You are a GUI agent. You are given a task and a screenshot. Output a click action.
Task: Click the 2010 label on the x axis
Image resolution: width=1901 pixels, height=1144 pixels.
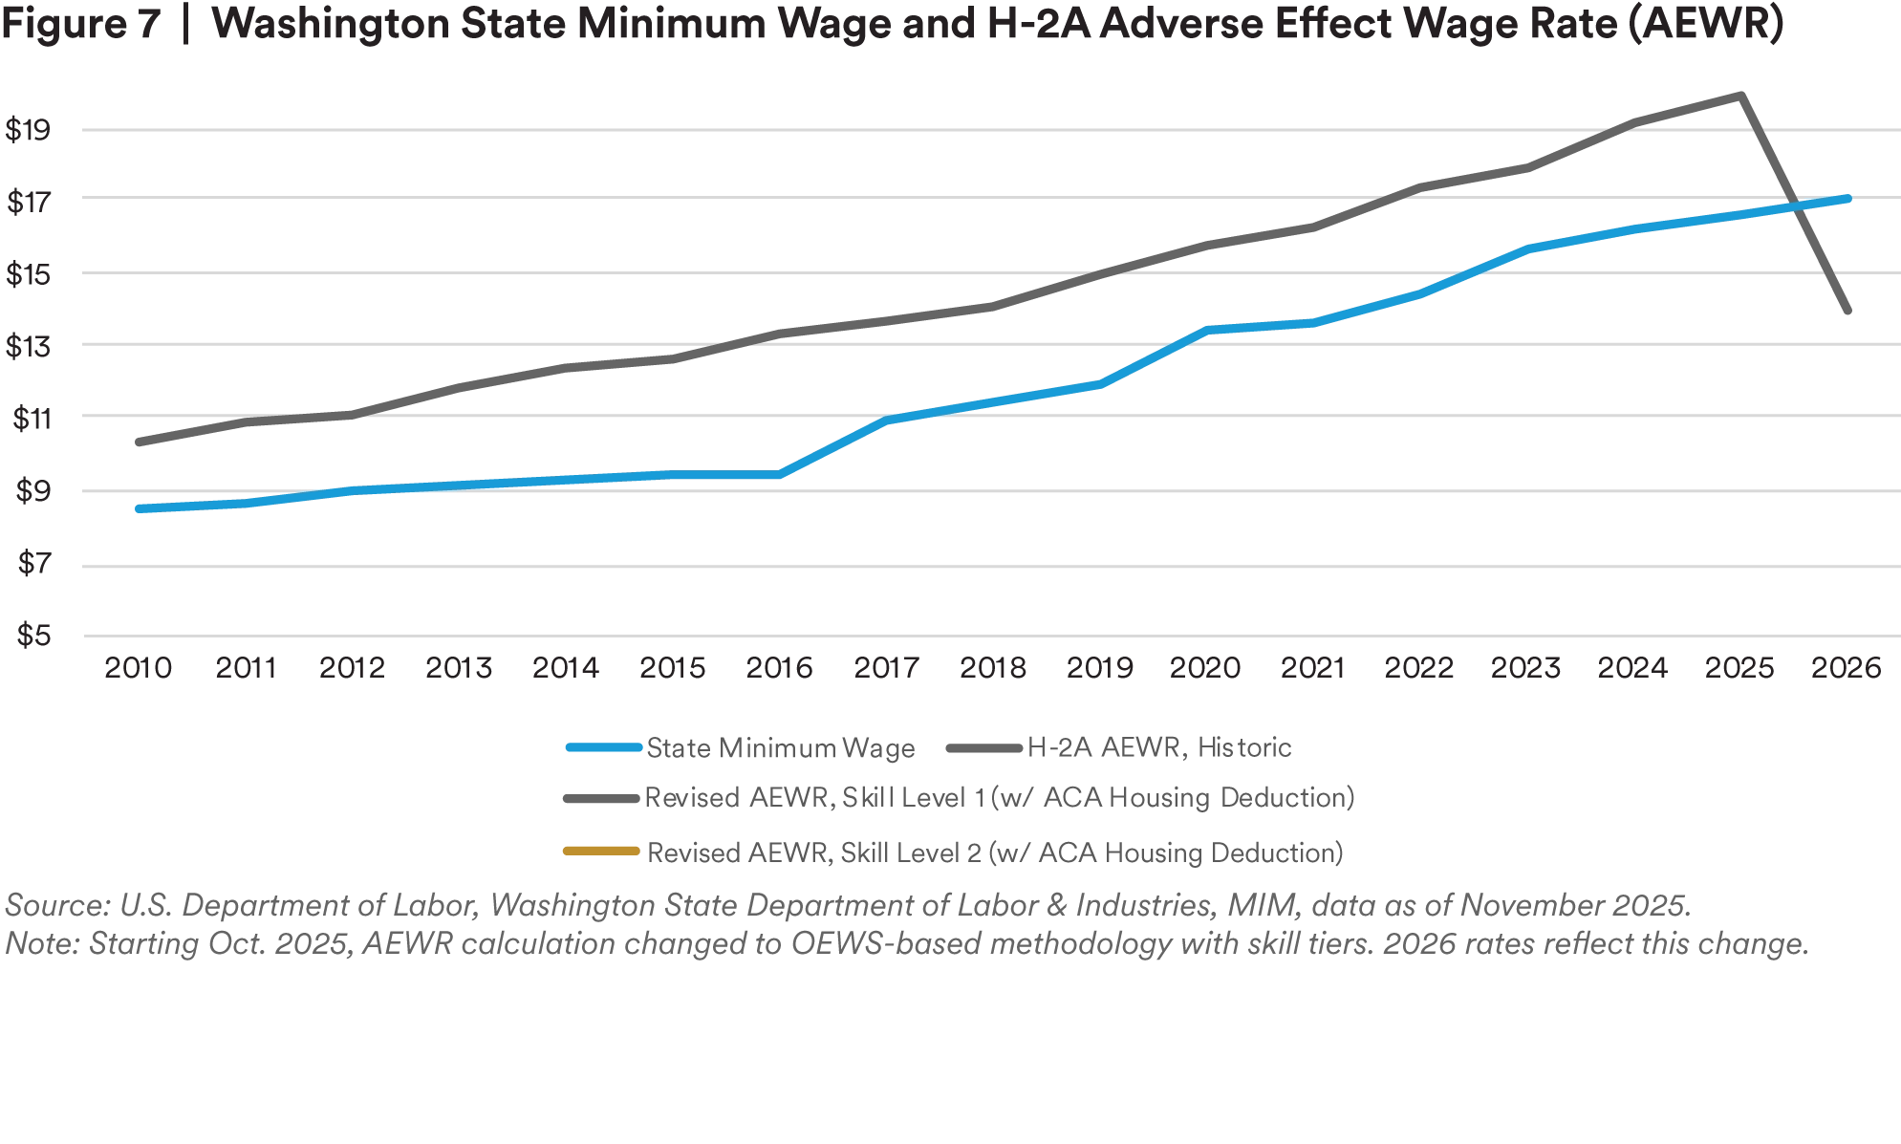point(139,665)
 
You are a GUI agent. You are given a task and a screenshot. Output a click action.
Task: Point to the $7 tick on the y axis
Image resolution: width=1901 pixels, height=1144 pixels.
point(38,563)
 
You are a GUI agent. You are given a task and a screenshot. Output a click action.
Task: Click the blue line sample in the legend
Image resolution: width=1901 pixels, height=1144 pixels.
point(603,748)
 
